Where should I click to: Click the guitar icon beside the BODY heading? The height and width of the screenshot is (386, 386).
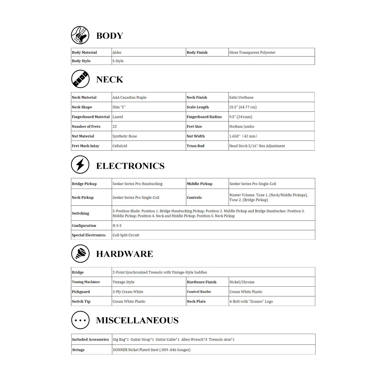[80, 35]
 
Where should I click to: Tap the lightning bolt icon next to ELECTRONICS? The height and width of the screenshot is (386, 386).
[80, 164]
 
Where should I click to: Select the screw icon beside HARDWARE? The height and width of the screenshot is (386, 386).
[80, 253]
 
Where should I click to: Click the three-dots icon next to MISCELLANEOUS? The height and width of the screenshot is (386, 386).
[80, 320]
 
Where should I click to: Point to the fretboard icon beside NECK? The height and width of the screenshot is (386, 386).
[80, 79]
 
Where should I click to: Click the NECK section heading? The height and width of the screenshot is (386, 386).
[110, 79]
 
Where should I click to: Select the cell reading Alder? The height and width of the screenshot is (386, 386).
[117, 52]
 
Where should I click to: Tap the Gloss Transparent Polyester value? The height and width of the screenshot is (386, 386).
[252, 52]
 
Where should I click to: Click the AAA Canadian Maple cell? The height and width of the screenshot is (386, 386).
[129, 98]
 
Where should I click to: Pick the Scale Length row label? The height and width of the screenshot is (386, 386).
[198, 107]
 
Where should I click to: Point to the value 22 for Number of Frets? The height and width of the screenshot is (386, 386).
[115, 127]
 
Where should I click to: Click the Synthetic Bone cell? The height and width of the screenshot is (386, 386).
[125, 136]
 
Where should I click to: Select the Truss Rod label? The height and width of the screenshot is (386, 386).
[196, 146]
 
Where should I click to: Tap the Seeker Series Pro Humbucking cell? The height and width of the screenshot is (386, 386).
[137, 184]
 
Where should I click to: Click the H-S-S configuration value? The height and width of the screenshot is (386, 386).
[117, 226]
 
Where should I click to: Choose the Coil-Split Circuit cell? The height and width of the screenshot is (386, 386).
[126, 235]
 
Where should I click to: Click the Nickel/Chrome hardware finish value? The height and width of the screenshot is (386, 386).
[242, 282]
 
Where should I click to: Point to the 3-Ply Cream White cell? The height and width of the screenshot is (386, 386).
[128, 292]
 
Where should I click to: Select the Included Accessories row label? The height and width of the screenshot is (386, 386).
[90, 339]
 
